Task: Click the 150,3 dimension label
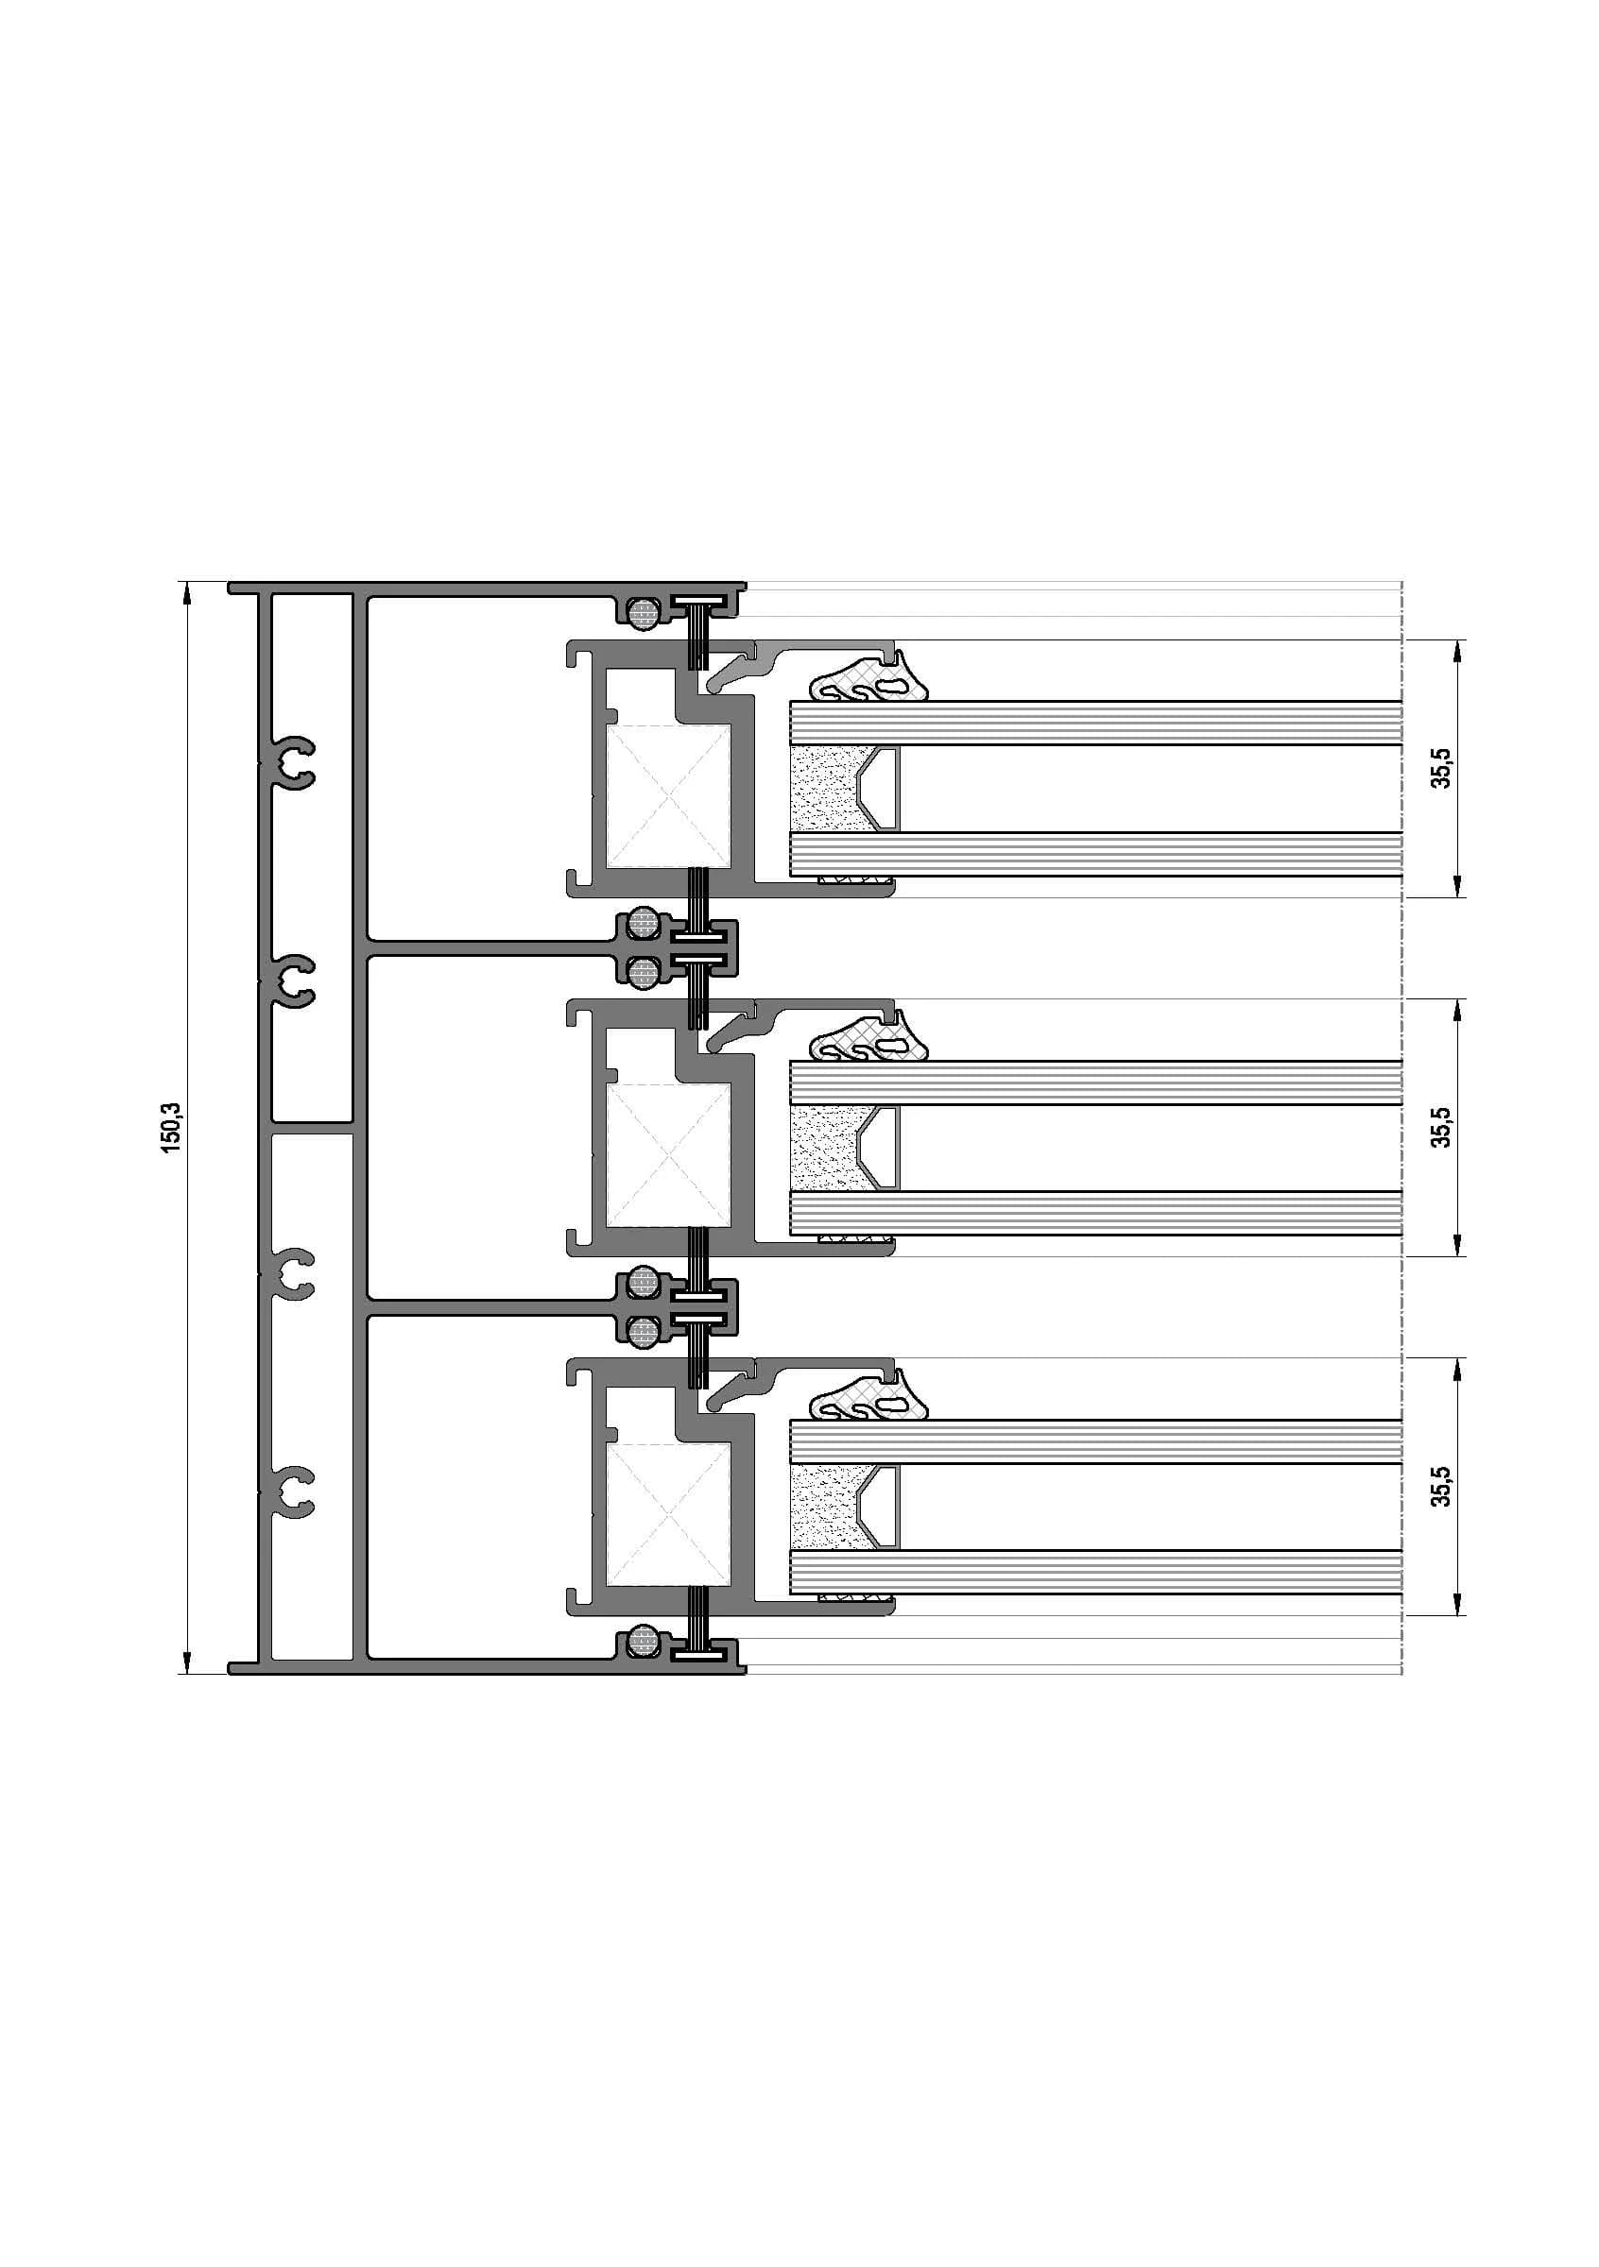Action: pos(172,1127)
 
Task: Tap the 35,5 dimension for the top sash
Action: pos(1442,768)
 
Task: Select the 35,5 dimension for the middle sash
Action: pos(1442,1127)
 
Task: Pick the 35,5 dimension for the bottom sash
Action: pos(1442,1486)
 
